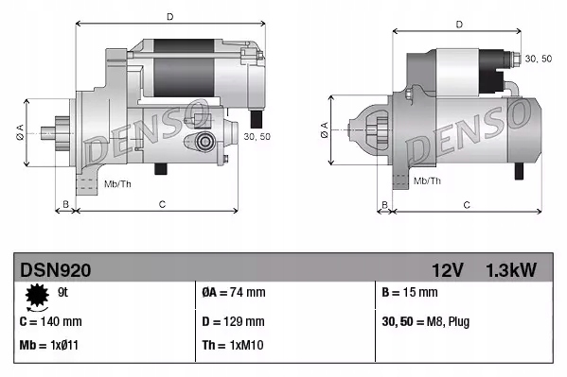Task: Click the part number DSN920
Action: [56, 270]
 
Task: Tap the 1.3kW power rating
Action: [511, 270]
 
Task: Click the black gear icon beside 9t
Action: [38, 297]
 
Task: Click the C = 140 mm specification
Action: [51, 321]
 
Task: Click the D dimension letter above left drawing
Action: [169, 17]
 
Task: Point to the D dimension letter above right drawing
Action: [458, 25]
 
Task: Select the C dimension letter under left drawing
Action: [163, 203]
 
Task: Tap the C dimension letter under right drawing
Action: [466, 204]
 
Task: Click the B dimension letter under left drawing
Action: [65, 203]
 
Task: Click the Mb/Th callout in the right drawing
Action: [428, 180]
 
